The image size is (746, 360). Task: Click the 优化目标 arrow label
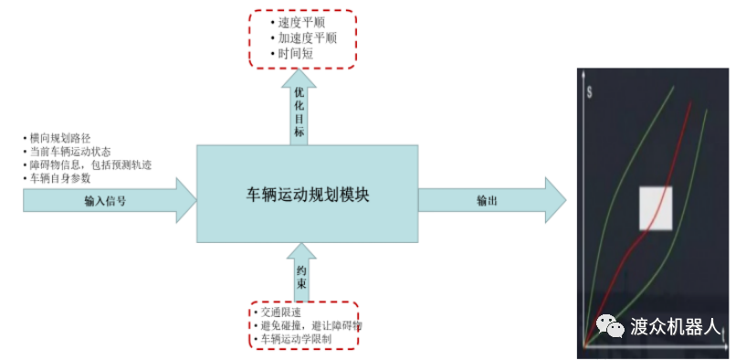click(299, 112)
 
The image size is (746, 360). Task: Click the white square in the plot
click(656, 207)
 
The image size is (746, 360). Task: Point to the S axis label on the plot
click(592, 92)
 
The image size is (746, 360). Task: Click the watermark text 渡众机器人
click(676, 326)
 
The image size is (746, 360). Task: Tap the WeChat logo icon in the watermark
click(610, 325)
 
